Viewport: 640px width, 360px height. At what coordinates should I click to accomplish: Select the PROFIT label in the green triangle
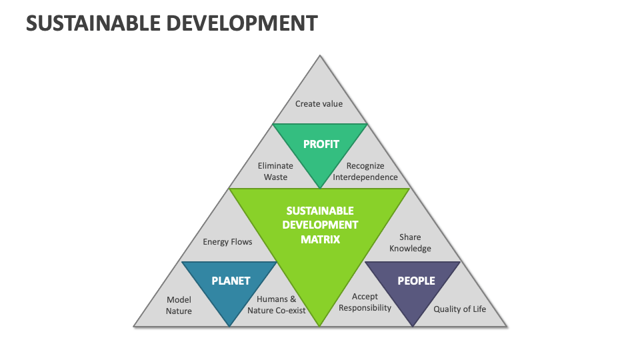(321, 144)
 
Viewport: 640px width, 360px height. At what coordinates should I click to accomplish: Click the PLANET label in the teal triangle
(231, 281)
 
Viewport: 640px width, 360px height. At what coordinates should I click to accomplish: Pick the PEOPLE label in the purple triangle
(416, 281)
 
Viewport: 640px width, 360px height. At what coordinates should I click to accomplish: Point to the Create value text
(319, 103)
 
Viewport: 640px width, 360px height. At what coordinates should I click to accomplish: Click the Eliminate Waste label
(275, 171)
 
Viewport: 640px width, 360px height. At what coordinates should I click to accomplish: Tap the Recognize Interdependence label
(365, 171)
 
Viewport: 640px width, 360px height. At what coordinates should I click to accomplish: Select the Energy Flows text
(227, 242)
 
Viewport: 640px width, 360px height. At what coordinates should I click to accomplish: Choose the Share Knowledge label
(410, 243)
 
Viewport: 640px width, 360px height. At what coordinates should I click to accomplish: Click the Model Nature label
(179, 305)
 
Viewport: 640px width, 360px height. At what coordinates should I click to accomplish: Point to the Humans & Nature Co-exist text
(276, 305)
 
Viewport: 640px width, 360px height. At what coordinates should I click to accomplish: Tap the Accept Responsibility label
(365, 302)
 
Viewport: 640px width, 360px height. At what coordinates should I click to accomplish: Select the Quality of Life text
(459, 309)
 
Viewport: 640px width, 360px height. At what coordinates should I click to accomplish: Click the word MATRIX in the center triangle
(320, 239)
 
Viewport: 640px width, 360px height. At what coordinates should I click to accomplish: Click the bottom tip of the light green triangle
(320, 325)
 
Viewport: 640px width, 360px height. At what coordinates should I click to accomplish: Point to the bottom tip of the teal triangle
(229, 325)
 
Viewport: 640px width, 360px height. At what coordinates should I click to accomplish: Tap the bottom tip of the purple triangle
(413, 325)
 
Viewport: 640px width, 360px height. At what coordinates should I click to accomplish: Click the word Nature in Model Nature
(179, 311)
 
